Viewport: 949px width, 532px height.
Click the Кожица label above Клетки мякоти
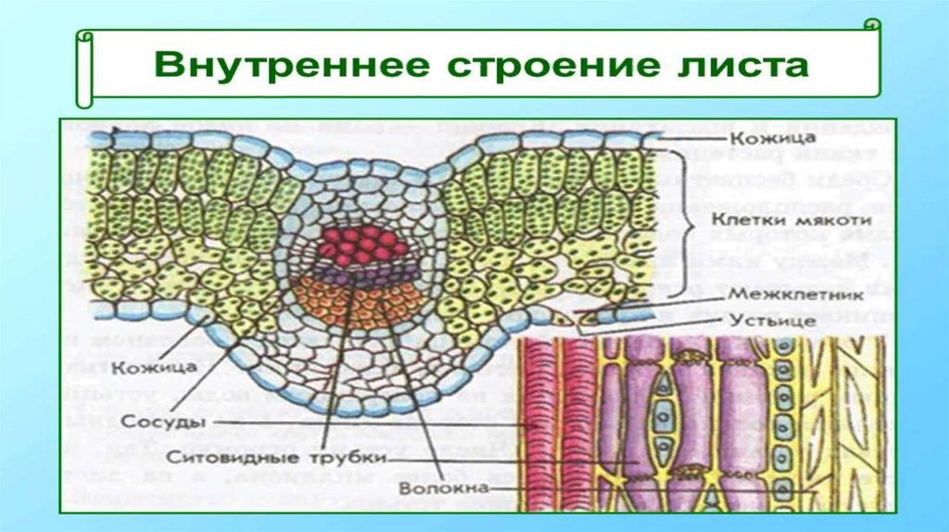click(759, 138)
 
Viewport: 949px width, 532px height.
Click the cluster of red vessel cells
click(357, 246)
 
